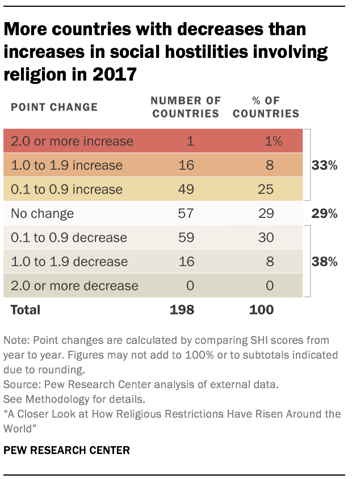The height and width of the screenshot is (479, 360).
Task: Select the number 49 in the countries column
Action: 186,190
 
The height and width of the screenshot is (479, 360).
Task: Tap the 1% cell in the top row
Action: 272,141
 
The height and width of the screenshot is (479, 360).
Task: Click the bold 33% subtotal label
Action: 324,166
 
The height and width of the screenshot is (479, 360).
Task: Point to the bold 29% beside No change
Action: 324,214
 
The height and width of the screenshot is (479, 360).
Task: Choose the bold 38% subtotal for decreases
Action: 324,262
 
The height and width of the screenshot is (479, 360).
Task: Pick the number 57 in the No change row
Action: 186,214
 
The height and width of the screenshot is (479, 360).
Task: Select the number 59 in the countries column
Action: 186,238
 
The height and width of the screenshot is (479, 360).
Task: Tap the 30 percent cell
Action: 265,238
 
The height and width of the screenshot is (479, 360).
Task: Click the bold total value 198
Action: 182,310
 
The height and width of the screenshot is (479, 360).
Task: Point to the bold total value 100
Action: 262,310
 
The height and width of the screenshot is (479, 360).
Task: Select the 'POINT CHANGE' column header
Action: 55,107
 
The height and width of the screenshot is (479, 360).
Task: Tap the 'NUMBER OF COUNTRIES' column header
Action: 185,107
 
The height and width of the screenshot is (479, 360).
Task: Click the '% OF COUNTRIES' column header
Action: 266,107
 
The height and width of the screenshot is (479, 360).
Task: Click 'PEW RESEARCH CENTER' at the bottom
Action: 67,451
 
